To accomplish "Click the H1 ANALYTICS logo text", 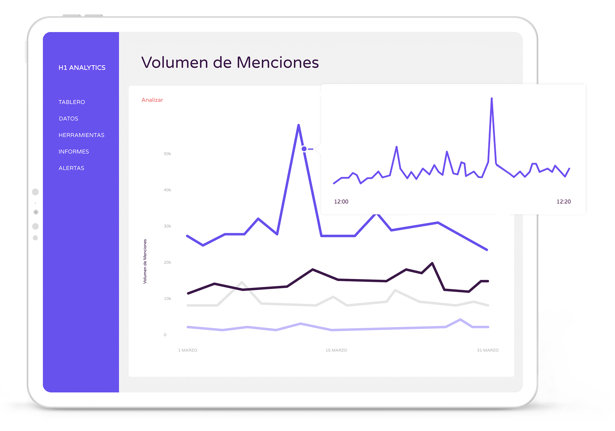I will tap(82, 68).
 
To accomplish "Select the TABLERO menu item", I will tap(72, 102).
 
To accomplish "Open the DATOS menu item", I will tap(69, 119).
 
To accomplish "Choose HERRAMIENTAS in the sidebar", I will tap(81, 135).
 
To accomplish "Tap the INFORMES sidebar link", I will tap(74, 152).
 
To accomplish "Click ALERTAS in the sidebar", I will tap(71, 168).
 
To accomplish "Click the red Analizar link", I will tap(152, 100).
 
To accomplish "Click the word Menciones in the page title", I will tap(278, 62).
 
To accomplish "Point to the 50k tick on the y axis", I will tap(168, 154).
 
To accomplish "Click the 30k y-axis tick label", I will tap(168, 226).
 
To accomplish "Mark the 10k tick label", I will tap(168, 299).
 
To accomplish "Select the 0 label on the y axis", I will tap(165, 335).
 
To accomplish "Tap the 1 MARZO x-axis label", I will tap(188, 350).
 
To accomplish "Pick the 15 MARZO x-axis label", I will tap(336, 350).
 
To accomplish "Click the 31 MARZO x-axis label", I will tap(488, 350).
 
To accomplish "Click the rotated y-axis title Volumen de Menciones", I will tap(145, 261).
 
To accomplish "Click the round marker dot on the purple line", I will tap(304, 149).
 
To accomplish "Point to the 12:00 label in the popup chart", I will tap(341, 202).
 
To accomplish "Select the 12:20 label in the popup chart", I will tap(564, 202).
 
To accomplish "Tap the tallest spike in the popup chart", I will tap(492, 99).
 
